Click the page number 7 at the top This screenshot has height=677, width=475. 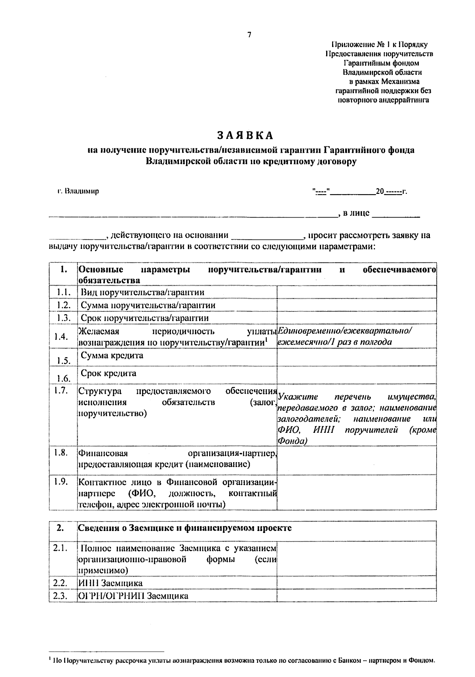(249, 35)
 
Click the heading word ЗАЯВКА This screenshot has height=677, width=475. (245, 135)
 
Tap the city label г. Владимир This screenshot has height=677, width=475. (78, 192)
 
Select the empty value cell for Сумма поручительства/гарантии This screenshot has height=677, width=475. (356, 305)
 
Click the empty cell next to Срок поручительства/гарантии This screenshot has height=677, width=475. (356, 318)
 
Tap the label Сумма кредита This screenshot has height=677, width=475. (112, 355)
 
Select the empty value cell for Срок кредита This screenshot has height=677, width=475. (356, 375)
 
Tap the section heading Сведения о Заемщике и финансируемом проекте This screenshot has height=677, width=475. (185, 528)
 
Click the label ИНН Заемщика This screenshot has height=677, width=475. (110, 583)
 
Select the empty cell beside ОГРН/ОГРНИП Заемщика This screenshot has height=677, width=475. (356, 596)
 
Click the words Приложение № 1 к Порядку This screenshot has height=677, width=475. (379, 45)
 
